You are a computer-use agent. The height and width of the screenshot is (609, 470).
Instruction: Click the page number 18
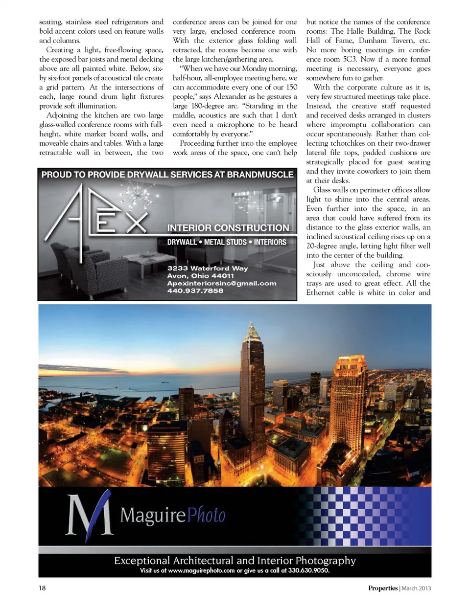pos(42,588)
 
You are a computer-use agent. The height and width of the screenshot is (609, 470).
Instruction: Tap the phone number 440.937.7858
pos(195,291)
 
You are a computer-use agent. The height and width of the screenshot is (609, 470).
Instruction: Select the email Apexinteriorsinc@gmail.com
pos(221,283)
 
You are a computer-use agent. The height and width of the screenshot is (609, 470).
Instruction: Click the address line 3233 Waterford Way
pos(207,268)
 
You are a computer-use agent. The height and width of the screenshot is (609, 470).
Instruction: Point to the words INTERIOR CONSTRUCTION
pos(228,228)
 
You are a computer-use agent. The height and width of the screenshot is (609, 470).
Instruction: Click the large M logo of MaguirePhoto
pos(89,515)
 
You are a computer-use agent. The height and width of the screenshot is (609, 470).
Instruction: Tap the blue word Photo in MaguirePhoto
pos(206,515)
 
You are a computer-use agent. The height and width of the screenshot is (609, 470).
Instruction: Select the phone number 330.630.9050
pos(308,570)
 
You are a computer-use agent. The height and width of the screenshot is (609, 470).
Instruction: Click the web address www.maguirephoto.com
pos(201,570)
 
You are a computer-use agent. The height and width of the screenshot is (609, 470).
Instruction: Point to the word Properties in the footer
pos(382,588)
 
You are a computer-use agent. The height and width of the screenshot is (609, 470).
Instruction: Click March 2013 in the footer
pos(416,588)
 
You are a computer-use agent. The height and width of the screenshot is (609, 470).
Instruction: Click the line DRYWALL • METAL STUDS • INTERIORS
pos(227,242)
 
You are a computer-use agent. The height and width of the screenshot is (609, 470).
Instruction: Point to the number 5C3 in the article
pos(349,59)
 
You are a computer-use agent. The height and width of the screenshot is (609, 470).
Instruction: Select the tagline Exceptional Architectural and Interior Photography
pos(235,561)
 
